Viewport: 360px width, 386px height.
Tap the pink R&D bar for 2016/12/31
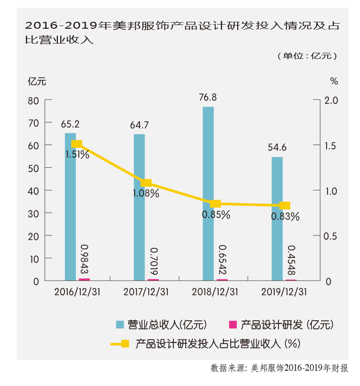[84, 279]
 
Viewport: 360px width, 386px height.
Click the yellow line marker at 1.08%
[146, 184]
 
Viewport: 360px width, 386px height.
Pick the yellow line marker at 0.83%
[285, 206]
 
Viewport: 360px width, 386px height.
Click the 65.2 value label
[70, 124]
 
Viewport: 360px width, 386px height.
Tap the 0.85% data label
[216, 215]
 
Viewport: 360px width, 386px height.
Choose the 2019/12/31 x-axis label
[284, 292]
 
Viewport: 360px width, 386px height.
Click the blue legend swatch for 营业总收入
[120, 324]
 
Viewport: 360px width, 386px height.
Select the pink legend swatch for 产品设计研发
[233, 324]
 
